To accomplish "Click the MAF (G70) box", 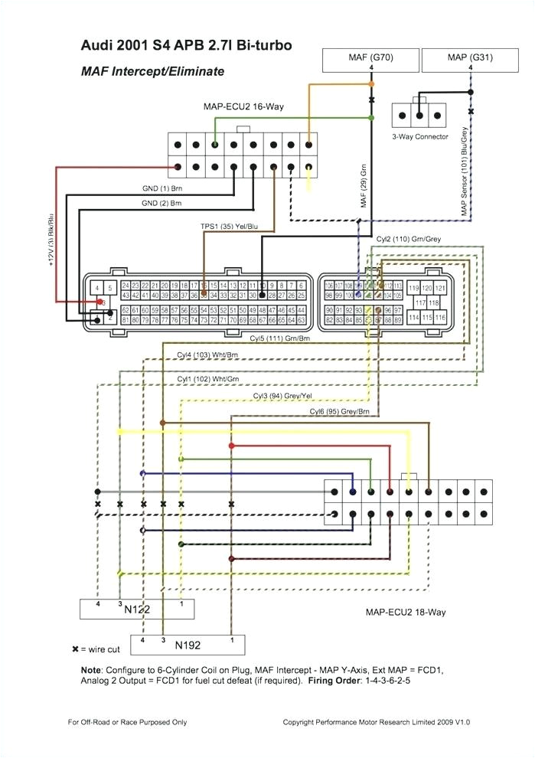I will (372, 57).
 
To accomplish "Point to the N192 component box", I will (188, 645).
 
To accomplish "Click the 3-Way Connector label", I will (420, 136).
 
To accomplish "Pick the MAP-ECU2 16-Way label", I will (243, 106).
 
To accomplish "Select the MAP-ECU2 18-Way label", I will (406, 612).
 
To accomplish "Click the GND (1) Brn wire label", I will (161, 188).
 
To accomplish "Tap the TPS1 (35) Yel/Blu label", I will (229, 227).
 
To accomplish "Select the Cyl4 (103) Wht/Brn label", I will (207, 355).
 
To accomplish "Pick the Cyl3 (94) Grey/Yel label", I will (282, 395).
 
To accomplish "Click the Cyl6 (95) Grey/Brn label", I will (339, 412).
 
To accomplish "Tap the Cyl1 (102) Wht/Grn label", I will (207, 378).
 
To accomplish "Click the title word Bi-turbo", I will (259, 46).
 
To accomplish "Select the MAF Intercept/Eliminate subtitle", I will (152, 71).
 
